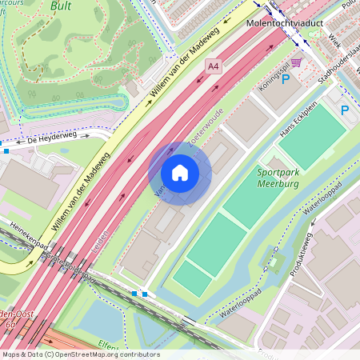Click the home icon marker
pos(180,173)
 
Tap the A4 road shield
pos(213,67)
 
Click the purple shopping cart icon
pos(297,62)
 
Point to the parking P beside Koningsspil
pos(285,79)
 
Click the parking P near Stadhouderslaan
pos(345,110)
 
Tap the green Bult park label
pos(61,6)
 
